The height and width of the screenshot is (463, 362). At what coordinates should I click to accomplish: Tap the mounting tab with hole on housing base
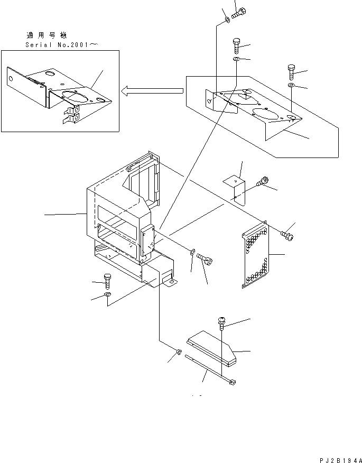[x=170, y=283]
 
